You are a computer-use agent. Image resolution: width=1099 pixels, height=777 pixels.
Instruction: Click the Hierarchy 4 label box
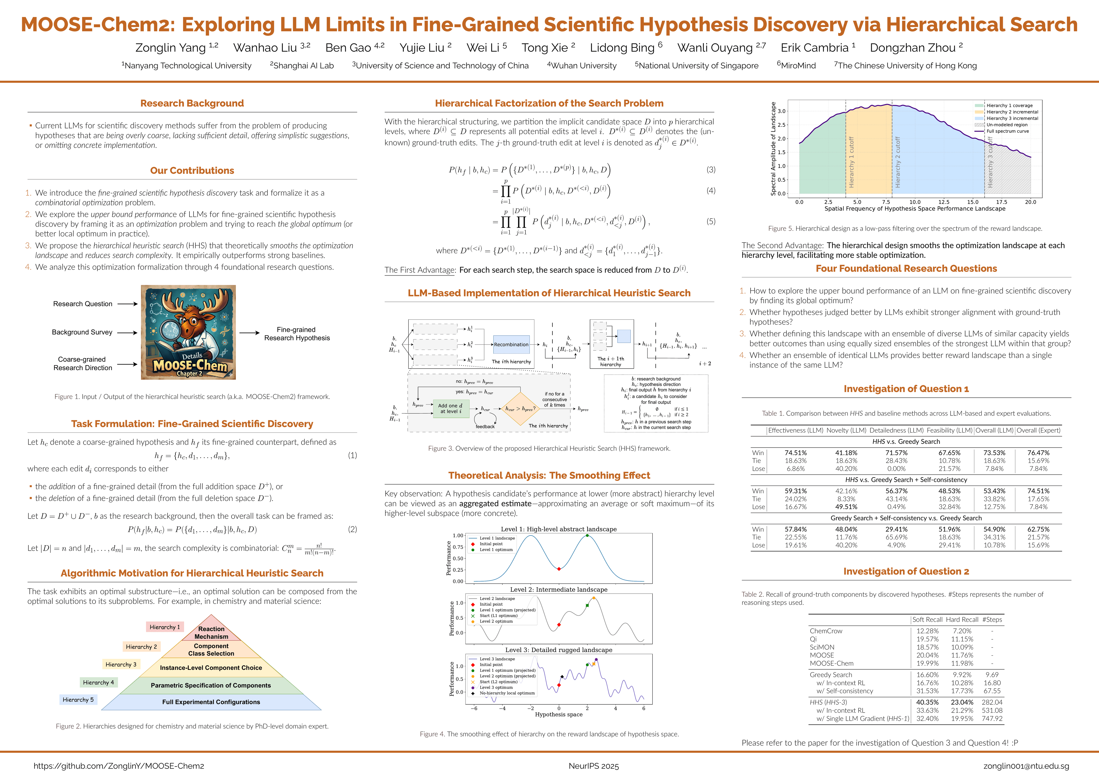[98, 682]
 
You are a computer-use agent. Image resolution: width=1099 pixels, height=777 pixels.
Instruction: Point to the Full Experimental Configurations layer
[211, 702]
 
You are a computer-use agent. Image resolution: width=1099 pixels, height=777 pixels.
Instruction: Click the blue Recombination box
[511, 345]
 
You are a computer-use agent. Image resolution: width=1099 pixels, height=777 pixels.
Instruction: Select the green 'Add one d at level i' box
[450, 408]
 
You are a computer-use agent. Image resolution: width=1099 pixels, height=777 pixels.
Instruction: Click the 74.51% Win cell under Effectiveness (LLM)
[796, 453]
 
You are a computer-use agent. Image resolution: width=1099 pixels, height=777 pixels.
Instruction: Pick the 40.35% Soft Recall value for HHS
[927, 702]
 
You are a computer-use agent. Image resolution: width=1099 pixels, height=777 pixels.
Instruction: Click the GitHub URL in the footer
[119, 766]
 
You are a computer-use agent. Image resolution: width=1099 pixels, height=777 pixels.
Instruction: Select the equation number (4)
[711, 190]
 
